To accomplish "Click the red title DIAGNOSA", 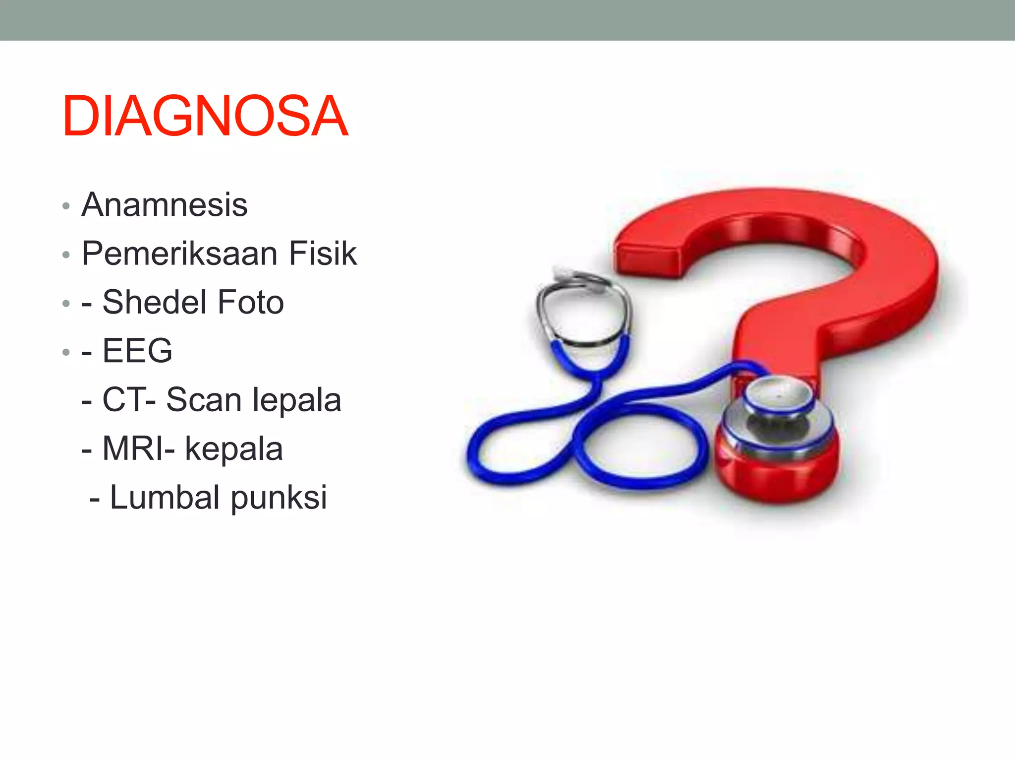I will click(x=205, y=116).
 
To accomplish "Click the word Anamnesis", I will click(x=164, y=204).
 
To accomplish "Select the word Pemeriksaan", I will click(x=179, y=253).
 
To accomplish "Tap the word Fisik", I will click(x=322, y=253).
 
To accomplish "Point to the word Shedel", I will click(x=154, y=302).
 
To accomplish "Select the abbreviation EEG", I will click(x=137, y=350).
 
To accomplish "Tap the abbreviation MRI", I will click(x=133, y=448).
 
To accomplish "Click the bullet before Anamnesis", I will click(x=66, y=206).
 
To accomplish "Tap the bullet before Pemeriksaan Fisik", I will click(x=66, y=255).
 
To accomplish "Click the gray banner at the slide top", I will click(x=507, y=20).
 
